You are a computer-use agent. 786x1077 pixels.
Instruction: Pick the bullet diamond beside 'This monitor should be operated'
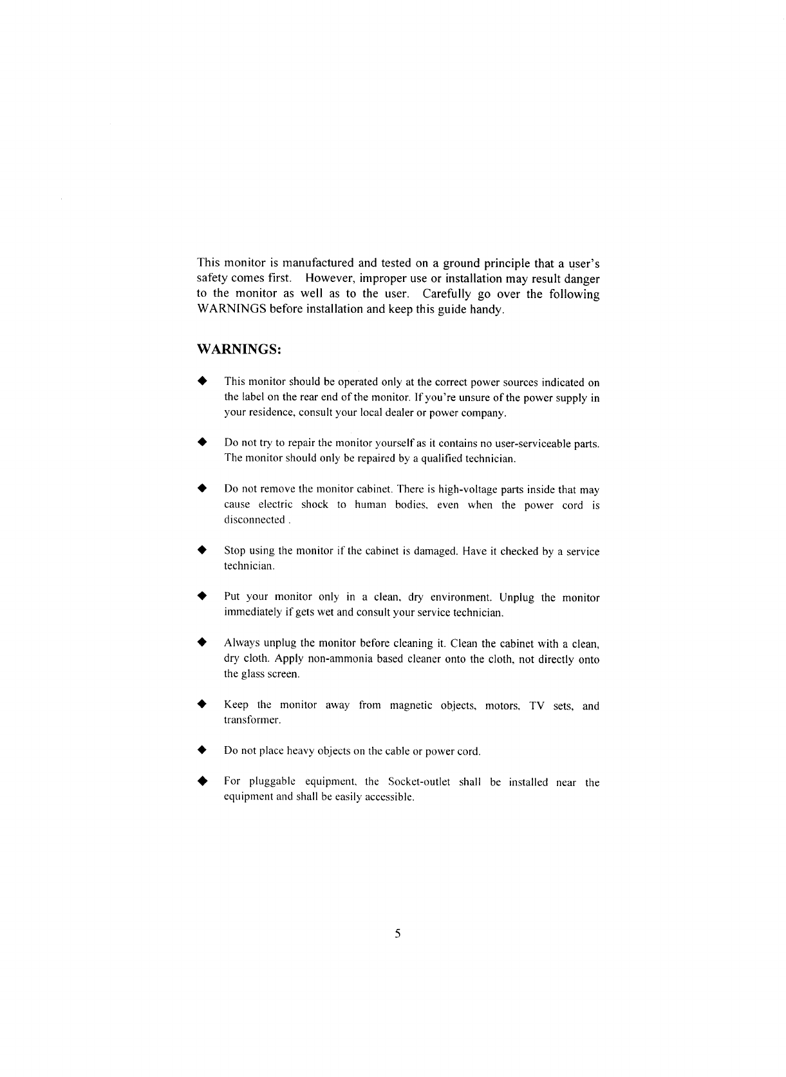click(x=201, y=382)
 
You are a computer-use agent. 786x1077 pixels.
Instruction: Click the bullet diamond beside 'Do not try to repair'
click(x=201, y=443)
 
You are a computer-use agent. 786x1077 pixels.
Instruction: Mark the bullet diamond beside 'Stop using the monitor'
click(x=201, y=550)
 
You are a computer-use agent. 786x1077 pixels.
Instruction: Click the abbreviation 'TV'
click(x=536, y=706)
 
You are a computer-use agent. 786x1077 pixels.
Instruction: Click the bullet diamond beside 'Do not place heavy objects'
click(x=201, y=751)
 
